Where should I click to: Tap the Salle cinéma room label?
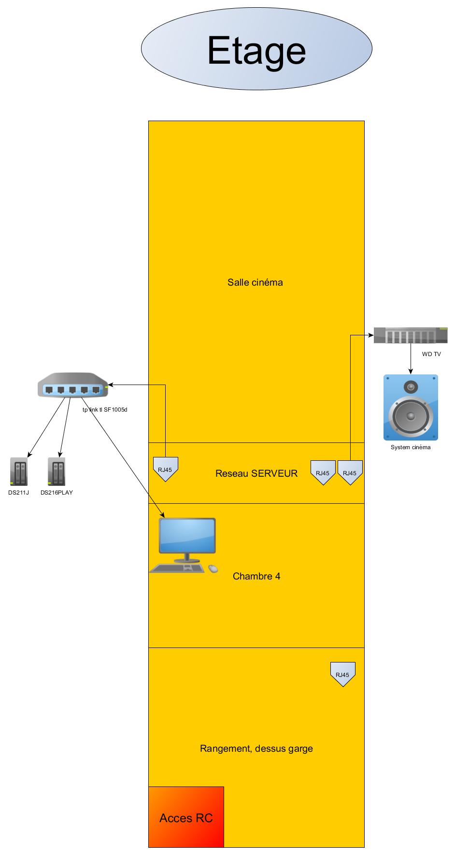click(255, 282)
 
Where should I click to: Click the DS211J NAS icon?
click(19, 472)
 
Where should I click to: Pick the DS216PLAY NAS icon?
click(57, 472)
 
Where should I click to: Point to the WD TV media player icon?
click(411, 335)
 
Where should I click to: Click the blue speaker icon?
click(411, 407)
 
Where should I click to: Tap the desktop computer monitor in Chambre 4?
click(188, 537)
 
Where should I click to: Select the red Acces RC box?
click(186, 818)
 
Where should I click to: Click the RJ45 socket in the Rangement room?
click(342, 674)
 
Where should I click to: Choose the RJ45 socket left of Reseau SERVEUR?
click(165, 469)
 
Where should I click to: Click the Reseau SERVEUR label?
click(256, 473)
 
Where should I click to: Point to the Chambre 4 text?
click(256, 576)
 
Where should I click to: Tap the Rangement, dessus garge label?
click(256, 749)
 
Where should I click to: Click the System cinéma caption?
click(411, 447)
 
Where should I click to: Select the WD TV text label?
click(431, 354)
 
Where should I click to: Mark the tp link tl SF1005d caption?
click(105, 410)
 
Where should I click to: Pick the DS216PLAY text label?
click(57, 493)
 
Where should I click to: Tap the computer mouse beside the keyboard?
click(213, 569)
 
